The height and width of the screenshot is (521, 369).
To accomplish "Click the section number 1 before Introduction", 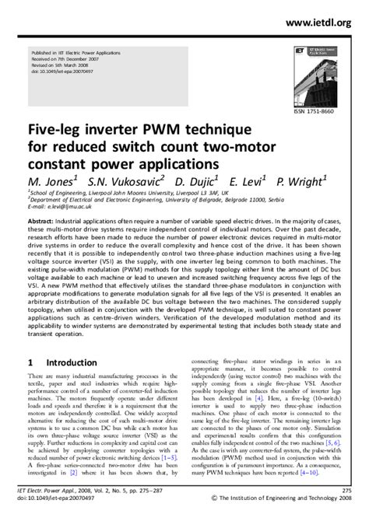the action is [30, 362].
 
